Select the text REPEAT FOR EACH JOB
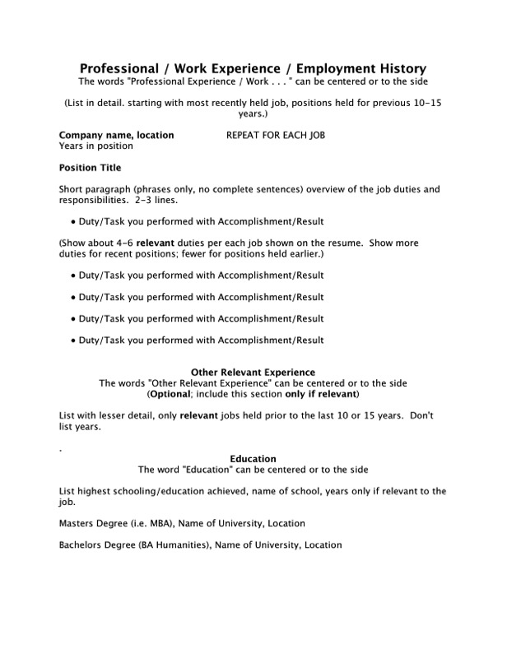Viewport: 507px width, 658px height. (x=275, y=135)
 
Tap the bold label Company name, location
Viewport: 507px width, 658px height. (x=116, y=135)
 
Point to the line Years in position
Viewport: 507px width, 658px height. (x=95, y=146)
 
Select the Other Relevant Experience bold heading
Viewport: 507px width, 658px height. (x=253, y=373)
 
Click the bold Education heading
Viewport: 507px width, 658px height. (x=253, y=458)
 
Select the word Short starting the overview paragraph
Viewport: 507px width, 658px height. (x=72, y=189)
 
